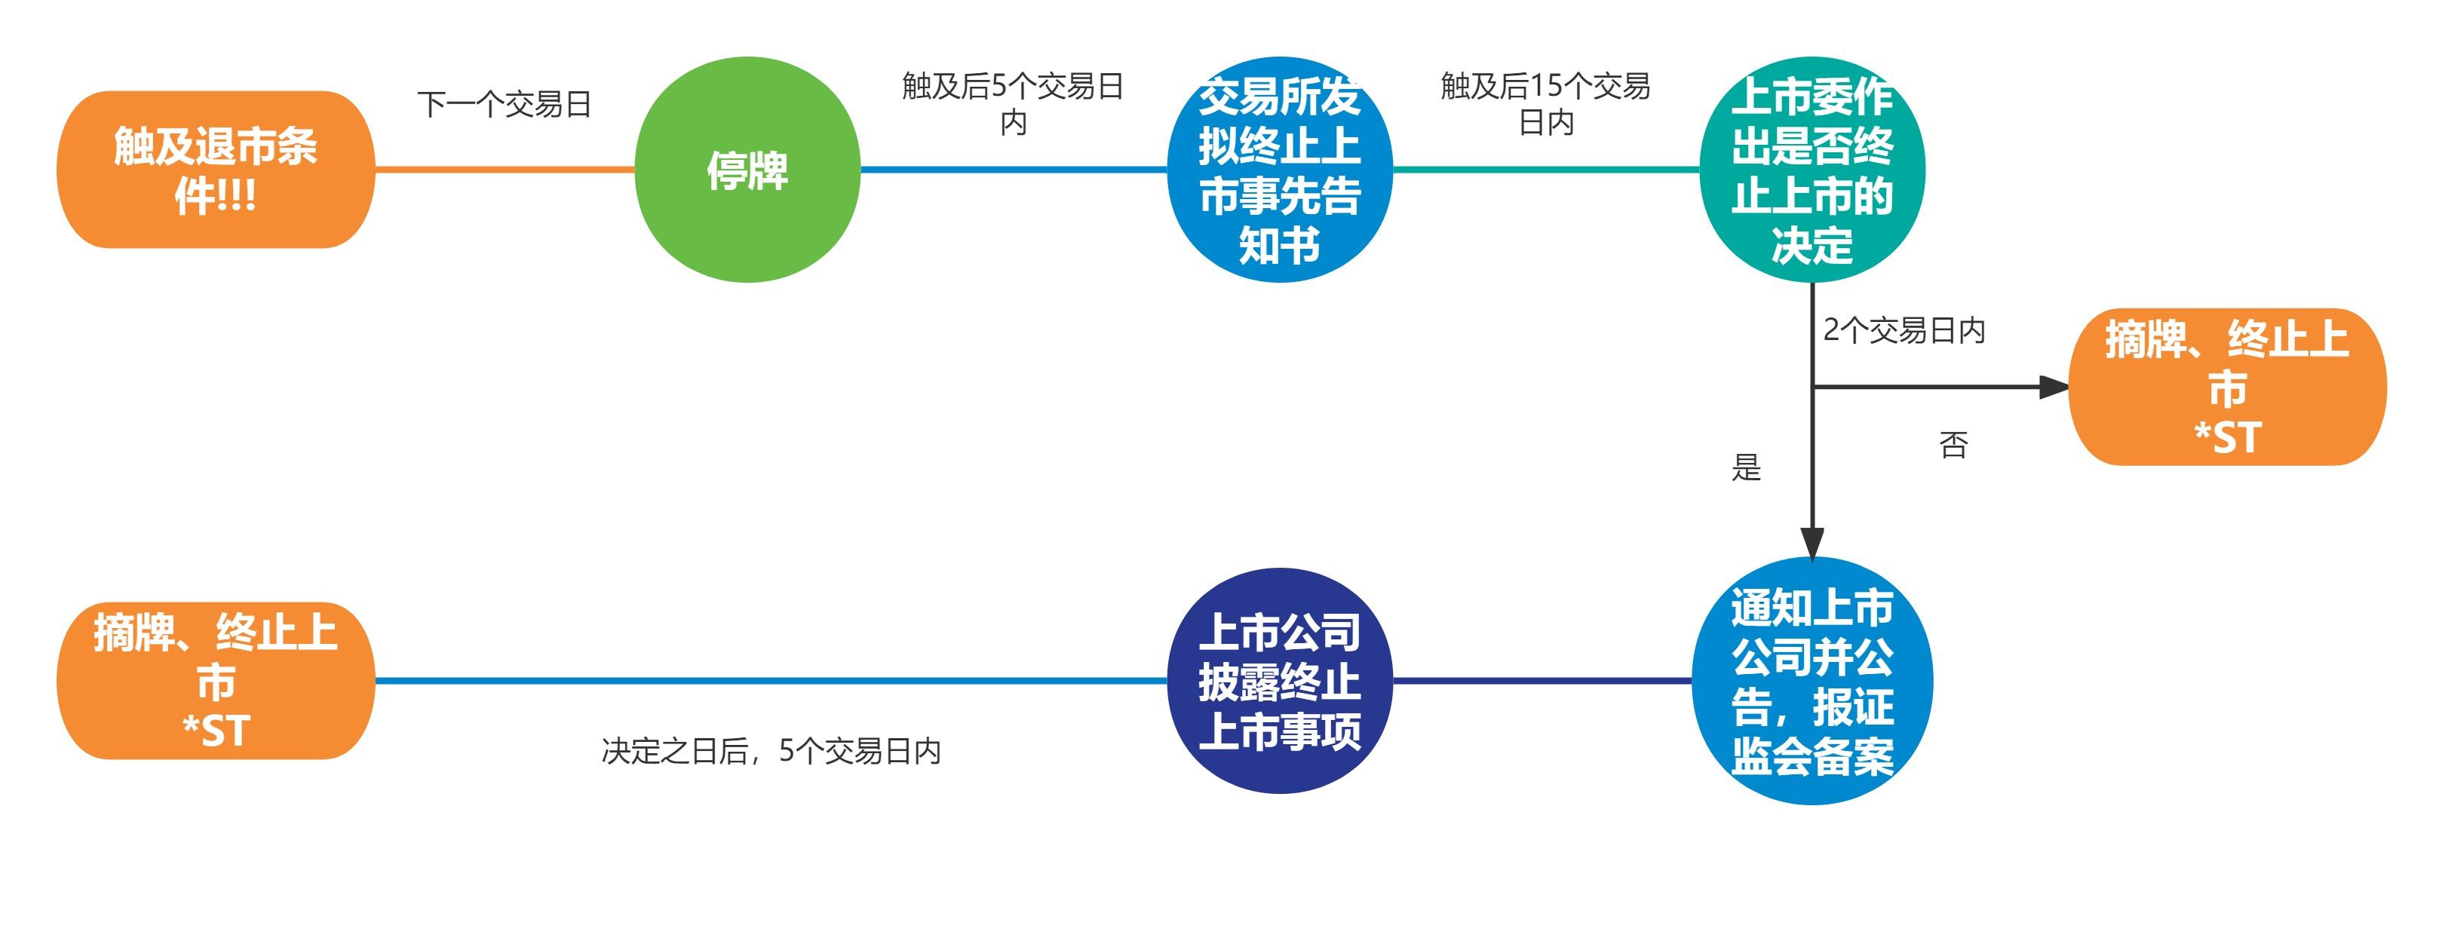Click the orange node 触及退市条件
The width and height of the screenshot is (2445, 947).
coord(216,170)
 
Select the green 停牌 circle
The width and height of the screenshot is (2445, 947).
coord(747,170)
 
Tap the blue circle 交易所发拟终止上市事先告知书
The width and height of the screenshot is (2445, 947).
coord(1280,170)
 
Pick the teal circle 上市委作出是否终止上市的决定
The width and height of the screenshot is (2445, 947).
coord(1812,170)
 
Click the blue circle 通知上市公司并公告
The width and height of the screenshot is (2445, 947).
coord(1812,680)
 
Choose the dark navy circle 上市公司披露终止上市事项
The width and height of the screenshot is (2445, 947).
coord(1280,680)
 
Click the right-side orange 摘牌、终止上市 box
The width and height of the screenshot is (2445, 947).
coord(2227,387)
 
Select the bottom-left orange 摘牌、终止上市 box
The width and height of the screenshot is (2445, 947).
coord(216,680)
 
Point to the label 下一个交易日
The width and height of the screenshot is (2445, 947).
coord(504,104)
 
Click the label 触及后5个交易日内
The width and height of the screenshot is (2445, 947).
coord(1013,103)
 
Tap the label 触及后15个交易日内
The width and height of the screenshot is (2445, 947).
coord(1545,103)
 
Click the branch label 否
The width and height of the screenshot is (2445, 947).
coord(1953,444)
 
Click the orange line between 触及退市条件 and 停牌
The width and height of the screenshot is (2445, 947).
coord(504,170)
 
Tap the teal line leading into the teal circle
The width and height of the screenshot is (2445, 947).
coord(1545,170)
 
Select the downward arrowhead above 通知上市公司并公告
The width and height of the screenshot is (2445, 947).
coord(1812,544)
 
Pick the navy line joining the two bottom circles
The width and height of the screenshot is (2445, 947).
coord(1542,680)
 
